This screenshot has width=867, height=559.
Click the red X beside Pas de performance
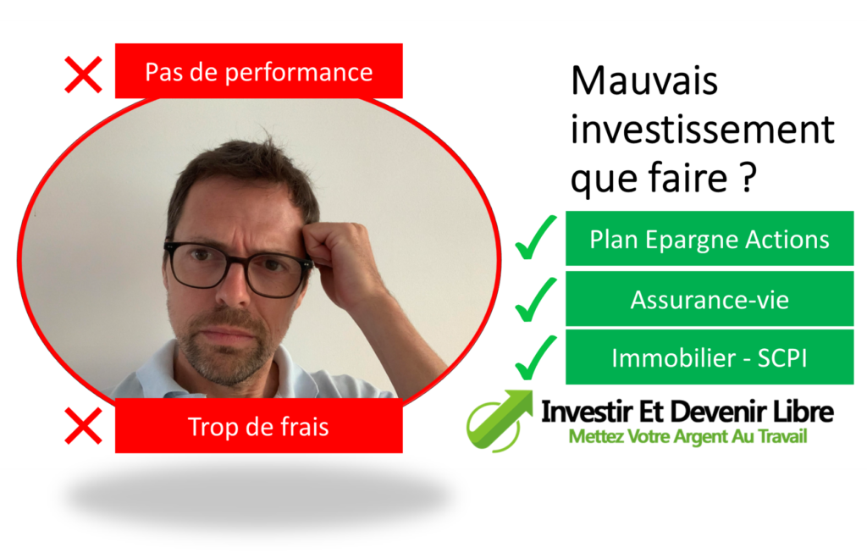tap(83, 75)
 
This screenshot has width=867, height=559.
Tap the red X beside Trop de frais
tap(83, 425)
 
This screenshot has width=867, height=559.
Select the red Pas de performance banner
tap(258, 71)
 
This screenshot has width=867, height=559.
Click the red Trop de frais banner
tap(258, 426)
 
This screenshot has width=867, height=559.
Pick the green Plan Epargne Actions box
tap(709, 239)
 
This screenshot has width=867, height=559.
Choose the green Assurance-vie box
tap(709, 299)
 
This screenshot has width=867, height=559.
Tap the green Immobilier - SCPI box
tap(709, 357)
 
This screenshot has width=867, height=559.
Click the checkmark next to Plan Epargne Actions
tap(536, 238)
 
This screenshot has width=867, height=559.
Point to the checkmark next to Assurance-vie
tap(536, 299)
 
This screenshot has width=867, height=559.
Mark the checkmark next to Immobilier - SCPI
tap(536, 357)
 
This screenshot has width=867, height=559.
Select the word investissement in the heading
tap(702, 130)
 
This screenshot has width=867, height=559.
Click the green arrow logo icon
tap(499, 418)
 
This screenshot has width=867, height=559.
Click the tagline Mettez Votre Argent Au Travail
tap(688, 438)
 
